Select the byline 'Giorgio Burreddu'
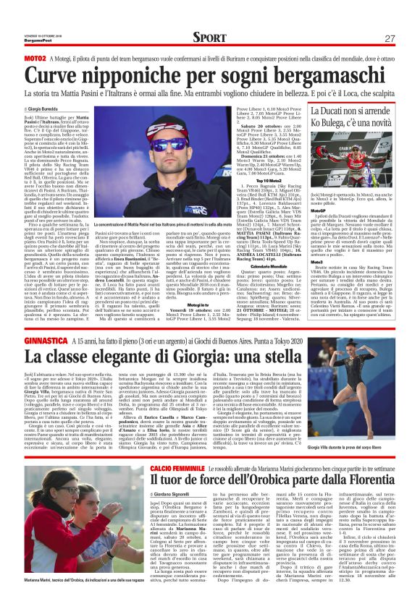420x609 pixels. click(46, 108)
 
